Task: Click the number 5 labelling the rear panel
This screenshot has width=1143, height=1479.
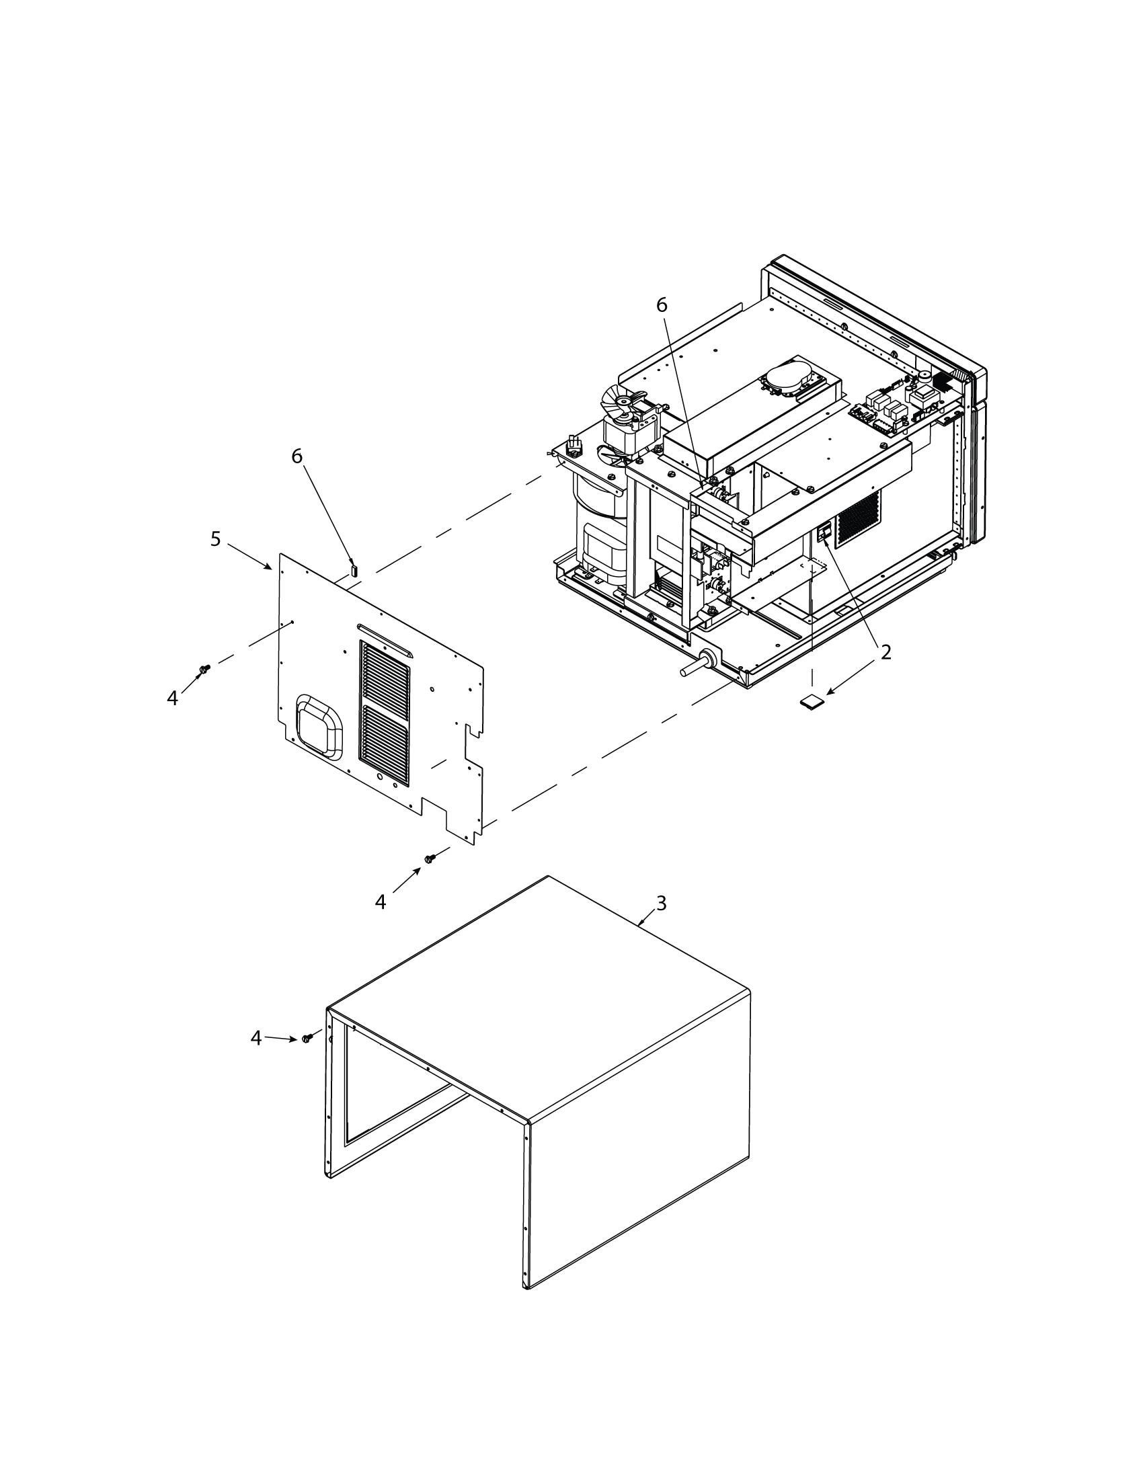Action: point(215,539)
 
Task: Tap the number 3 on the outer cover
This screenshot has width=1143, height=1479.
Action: point(662,903)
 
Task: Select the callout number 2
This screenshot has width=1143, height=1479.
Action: point(885,652)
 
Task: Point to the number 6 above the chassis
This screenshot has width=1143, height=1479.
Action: point(662,305)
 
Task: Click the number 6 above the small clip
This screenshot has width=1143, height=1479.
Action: point(297,456)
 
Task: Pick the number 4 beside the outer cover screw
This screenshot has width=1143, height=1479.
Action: point(255,1037)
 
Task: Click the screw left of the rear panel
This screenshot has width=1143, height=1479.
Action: point(204,669)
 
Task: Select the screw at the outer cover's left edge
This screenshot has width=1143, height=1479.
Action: point(307,1038)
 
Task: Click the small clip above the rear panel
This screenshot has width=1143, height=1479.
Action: point(353,569)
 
